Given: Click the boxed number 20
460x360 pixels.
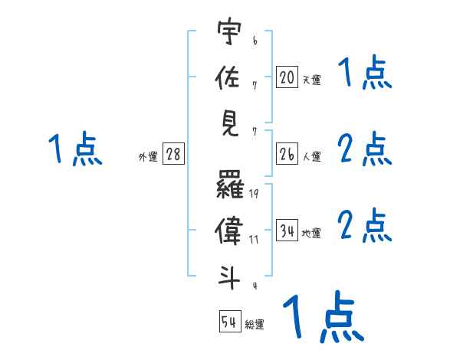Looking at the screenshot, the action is pos(287,77).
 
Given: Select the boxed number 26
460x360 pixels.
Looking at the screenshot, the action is pos(287,154).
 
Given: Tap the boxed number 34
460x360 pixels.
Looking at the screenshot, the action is pos(287,230).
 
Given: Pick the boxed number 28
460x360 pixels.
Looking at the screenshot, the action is pos(173,154).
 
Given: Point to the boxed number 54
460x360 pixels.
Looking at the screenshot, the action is pos(230,322).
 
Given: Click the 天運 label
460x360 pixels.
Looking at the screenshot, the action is pos(311,80).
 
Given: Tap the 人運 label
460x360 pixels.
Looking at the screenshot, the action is pos(311,156).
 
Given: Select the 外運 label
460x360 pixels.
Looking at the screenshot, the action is pos(147,156).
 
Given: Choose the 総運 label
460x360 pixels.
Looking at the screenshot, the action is pos(255,324).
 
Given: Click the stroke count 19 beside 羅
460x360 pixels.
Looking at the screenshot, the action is pos(254,193).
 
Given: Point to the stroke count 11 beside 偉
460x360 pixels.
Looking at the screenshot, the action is pos(254,239).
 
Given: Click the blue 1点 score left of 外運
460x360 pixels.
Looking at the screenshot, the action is pos(74,149).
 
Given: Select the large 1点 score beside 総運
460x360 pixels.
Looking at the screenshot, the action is pos(322,316).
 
